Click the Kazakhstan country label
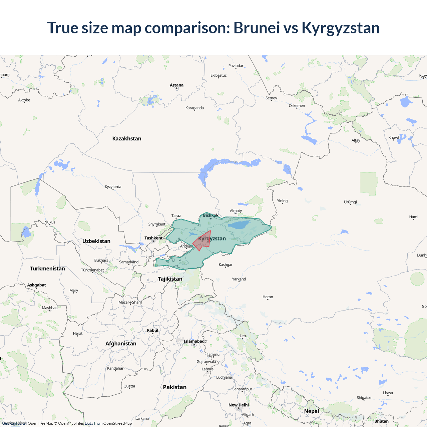(127, 138)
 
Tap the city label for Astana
(176, 85)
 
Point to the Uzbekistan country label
(96, 241)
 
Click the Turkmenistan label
(47, 269)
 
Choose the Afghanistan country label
(121, 343)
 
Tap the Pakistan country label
(174, 387)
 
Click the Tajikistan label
(170, 279)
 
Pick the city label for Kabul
(152, 330)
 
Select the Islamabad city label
(194, 341)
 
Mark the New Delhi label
(239, 405)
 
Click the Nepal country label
(312, 411)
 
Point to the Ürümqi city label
(350, 202)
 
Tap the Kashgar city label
(226, 265)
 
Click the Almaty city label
(236, 210)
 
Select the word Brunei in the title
(257, 28)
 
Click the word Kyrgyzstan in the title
(341, 28)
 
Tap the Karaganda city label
(194, 108)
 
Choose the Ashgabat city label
(36, 285)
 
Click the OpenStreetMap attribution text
(117, 423)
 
